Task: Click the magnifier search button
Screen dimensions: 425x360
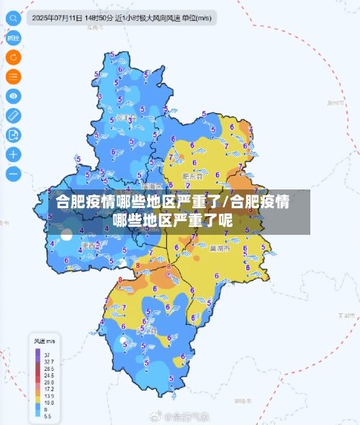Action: [14, 17]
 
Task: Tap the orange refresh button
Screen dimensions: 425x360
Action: [14, 56]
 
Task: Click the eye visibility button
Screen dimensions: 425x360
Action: [14, 95]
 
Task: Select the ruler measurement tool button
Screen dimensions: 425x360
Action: [14, 115]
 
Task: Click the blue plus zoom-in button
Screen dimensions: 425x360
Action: [14, 153]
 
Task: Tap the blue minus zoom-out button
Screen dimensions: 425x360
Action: [14, 173]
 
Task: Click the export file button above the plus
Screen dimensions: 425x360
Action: [14, 134]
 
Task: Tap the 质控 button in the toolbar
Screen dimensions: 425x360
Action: [14, 37]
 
